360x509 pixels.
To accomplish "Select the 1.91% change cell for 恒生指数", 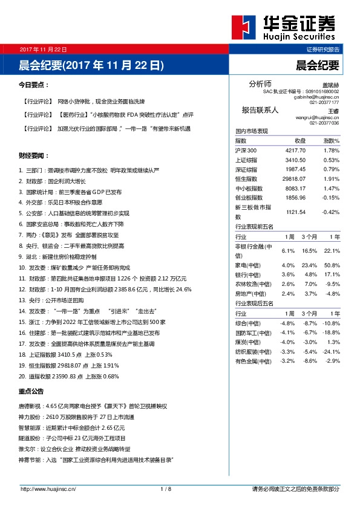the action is (x=331, y=179).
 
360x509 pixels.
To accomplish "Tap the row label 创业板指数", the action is (x=249, y=198).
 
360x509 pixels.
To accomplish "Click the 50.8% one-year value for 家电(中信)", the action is (x=332, y=265).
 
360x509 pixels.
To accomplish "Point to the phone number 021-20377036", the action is (x=324, y=123).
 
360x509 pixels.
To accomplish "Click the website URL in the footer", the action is (x=48, y=488).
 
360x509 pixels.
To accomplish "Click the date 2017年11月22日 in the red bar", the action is (x=43, y=49).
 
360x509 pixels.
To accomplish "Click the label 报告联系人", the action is (x=260, y=110).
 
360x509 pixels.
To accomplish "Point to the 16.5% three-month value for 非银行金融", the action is (x=309, y=251).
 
